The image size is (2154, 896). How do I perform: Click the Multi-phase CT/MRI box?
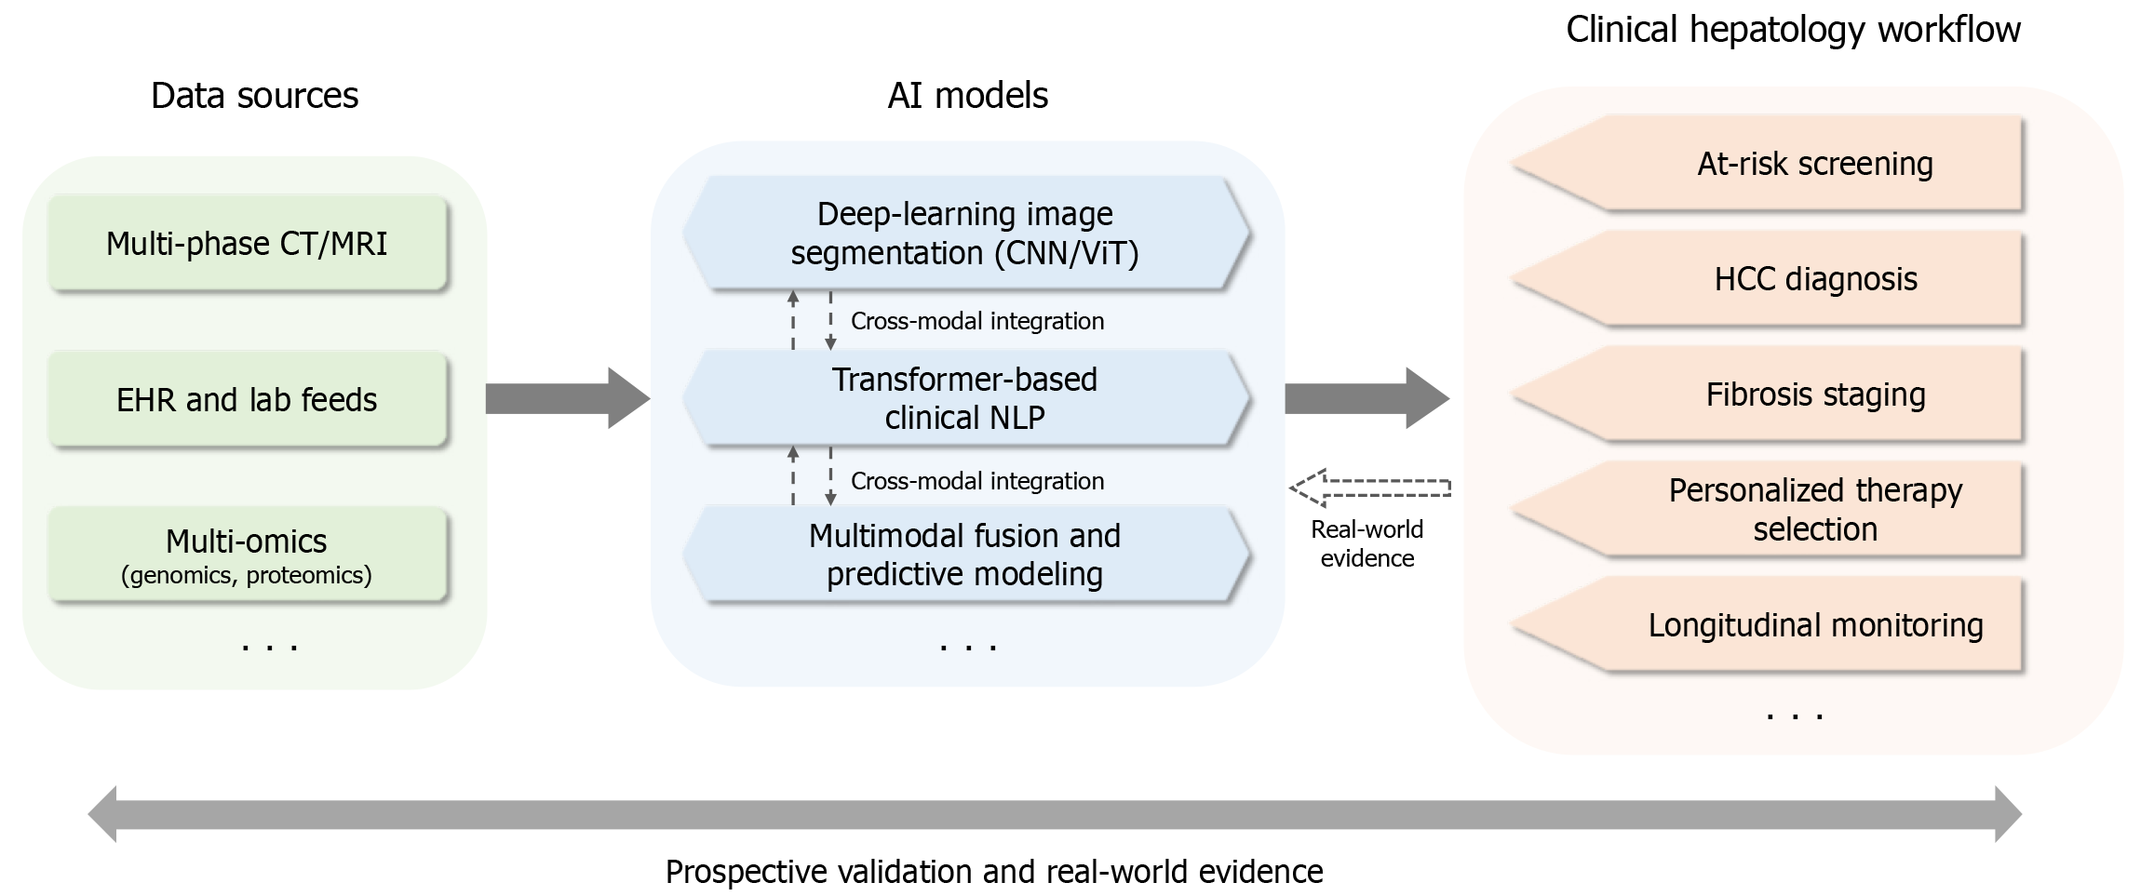(x=248, y=244)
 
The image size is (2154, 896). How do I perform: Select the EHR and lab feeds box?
(x=248, y=400)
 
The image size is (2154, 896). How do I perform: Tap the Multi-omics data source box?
(x=248, y=555)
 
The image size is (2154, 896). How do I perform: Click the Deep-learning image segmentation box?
(x=965, y=234)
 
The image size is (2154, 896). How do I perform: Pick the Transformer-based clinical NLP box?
(x=965, y=398)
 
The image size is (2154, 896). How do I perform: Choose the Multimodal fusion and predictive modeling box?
(x=965, y=555)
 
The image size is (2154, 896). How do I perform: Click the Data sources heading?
(x=254, y=96)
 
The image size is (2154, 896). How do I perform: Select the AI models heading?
(x=968, y=96)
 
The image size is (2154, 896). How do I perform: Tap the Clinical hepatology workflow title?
(x=1793, y=30)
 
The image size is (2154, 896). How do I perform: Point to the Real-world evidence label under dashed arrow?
(x=1367, y=543)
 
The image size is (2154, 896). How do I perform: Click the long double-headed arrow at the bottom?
(x=1055, y=814)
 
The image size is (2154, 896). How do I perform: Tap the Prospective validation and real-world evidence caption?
(x=994, y=872)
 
